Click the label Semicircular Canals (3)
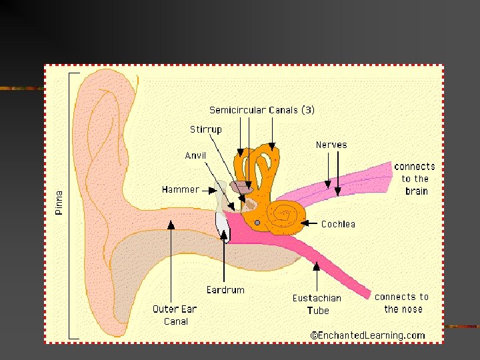tap(262, 110)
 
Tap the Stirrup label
tap(206, 129)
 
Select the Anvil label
tap(196, 156)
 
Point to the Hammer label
tap(180, 189)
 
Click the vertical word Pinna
tap(59, 203)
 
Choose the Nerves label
tap(331, 145)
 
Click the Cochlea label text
tap(338, 224)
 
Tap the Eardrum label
tap(225, 290)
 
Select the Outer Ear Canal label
tap(174, 315)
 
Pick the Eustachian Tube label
tap(317, 304)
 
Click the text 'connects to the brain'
tap(414, 179)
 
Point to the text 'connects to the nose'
tap(402, 303)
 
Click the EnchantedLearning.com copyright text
tap(367, 335)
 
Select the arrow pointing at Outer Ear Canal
tap(171, 260)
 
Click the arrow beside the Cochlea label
tap(311, 223)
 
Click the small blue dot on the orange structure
tap(257, 222)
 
